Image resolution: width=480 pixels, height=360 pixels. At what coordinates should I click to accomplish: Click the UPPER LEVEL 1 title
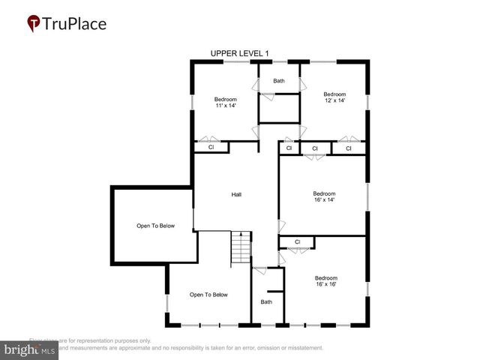[239, 53]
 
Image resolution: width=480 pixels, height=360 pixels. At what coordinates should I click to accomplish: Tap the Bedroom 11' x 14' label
[225, 103]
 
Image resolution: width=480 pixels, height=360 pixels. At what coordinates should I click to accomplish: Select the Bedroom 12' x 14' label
[334, 97]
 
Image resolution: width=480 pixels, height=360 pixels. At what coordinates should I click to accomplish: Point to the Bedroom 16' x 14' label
[324, 196]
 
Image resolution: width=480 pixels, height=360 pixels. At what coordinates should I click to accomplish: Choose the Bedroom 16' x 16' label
[325, 280]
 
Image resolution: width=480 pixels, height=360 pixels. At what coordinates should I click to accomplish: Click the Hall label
[236, 194]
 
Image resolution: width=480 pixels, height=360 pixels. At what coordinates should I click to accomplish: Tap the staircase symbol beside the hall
[239, 247]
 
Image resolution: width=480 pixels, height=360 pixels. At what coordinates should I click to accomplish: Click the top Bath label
[279, 81]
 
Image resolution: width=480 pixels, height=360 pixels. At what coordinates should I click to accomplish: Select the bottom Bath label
[266, 301]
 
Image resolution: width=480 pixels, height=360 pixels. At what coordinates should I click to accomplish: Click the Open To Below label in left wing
[155, 226]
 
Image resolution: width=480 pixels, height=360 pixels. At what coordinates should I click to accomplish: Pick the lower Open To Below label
[208, 295]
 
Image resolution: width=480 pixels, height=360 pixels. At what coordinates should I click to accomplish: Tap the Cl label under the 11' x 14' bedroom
[211, 148]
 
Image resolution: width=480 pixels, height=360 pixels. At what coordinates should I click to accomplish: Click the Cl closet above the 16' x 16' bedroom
[297, 241]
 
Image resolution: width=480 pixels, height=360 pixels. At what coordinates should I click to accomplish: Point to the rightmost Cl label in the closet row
[349, 148]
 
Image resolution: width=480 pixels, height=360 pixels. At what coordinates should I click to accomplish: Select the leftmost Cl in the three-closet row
[289, 148]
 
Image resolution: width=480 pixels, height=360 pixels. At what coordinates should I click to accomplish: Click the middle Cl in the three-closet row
[315, 148]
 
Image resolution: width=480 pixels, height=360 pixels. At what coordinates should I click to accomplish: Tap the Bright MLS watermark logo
[30, 349]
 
